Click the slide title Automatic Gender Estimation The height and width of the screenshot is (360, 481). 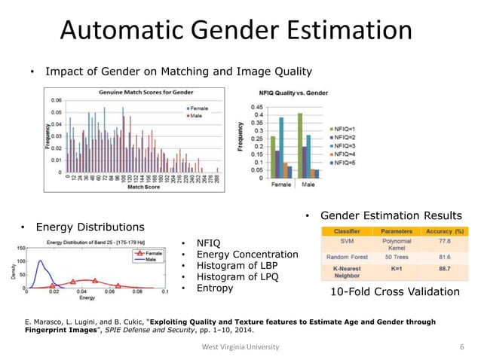point(236,31)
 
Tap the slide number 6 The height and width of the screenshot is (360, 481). point(461,346)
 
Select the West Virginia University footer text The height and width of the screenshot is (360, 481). point(240,346)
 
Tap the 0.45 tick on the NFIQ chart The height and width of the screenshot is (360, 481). point(256,106)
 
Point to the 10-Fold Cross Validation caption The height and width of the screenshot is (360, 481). point(396,291)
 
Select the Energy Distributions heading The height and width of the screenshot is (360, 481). point(90,227)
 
